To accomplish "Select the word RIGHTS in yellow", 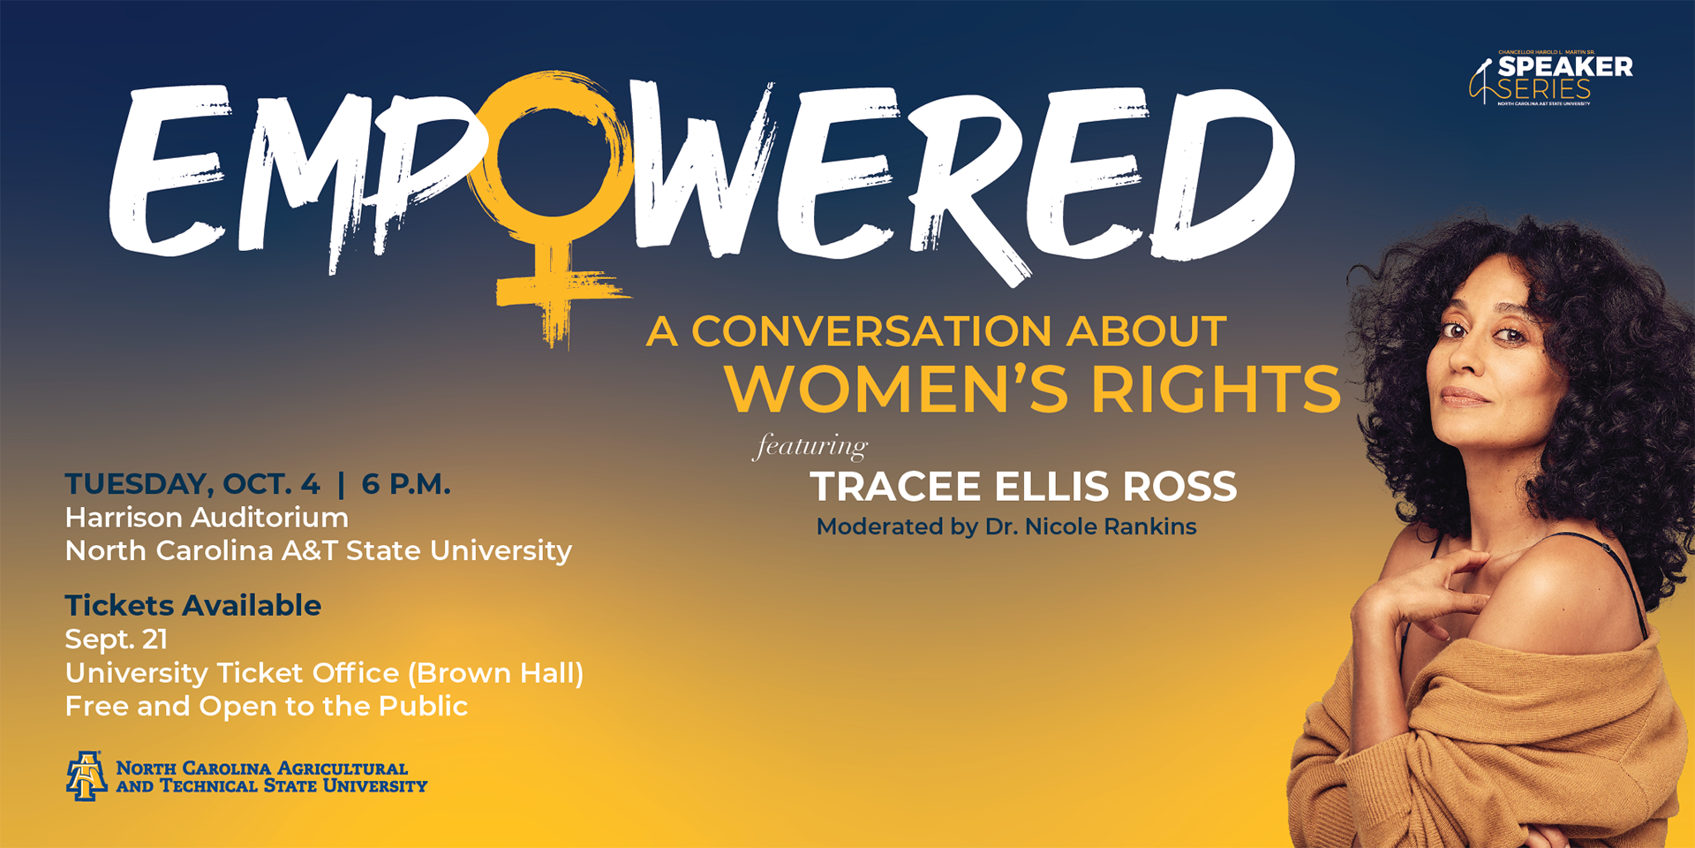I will tap(1216, 389).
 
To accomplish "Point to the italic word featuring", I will tap(810, 447).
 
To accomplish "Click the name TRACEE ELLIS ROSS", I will tap(1023, 487).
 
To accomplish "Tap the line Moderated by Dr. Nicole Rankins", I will tap(1006, 526).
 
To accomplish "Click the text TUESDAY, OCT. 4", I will tap(192, 484).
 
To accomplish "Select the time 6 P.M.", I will tap(406, 484).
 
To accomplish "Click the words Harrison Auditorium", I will tap(207, 518).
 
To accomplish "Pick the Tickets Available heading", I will tap(192, 606).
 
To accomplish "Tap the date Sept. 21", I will tap(116, 640).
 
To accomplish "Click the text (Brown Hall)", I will tap(495, 673).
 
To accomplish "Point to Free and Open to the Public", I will tap(266, 707).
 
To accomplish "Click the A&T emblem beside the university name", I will tap(86, 776).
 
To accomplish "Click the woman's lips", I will tap(1464, 397).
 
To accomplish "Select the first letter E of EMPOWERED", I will tap(168, 172).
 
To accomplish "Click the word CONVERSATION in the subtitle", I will tap(871, 332).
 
